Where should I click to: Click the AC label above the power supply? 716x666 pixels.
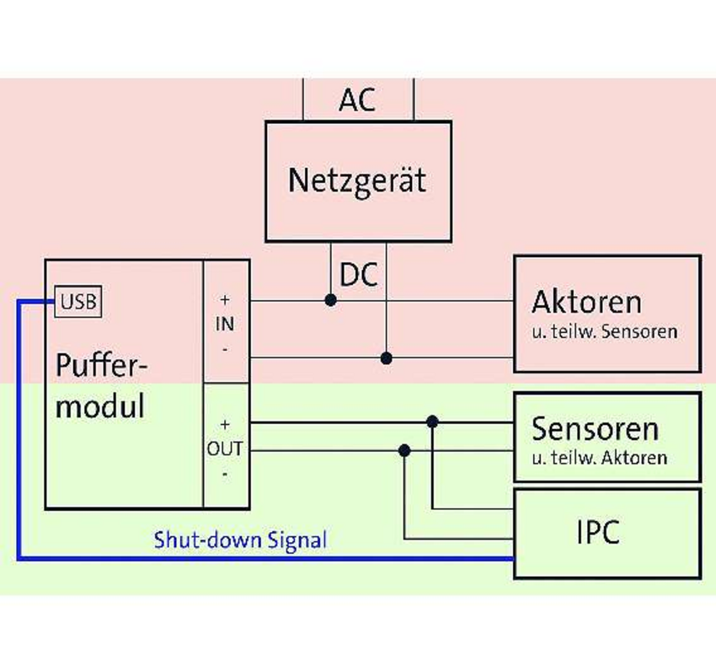point(357,99)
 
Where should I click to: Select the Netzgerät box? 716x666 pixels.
point(357,180)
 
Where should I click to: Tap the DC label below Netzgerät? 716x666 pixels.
point(358,275)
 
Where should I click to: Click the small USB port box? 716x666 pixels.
point(78,300)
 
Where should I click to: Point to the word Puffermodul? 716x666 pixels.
point(101,385)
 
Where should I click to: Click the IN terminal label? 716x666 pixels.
point(226,324)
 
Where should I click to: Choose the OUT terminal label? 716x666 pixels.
point(225,449)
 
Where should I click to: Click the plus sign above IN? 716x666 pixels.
point(225,299)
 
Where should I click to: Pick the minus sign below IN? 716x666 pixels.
point(225,347)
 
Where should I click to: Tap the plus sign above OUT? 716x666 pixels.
point(225,424)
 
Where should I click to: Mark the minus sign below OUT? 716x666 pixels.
point(225,474)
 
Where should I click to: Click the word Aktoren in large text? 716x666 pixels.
point(586,302)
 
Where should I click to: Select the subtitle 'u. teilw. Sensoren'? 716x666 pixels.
point(604,331)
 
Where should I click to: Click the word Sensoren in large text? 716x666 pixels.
point(595,429)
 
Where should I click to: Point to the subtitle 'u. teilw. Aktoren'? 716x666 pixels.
point(599,458)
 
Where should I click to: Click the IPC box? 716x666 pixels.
point(606,533)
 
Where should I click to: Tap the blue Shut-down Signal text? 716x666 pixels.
point(240,540)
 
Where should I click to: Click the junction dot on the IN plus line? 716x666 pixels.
point(331,299)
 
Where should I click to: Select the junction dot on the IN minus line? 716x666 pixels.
point(387,357)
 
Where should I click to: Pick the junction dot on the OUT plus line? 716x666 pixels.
point(432,421)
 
